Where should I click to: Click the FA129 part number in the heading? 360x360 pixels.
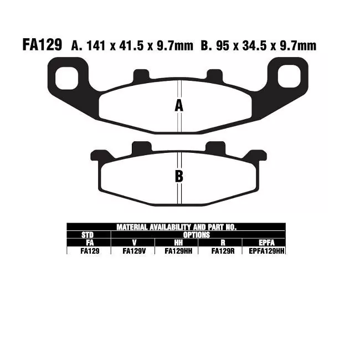[42, 45]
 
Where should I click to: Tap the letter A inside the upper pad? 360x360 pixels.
[179, 106]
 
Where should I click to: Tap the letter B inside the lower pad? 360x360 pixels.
[179, 177]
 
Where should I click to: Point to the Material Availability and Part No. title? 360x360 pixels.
[176, 227]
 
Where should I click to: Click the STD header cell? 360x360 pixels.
[88, 235]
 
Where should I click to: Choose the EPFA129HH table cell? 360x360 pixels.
[264, 251]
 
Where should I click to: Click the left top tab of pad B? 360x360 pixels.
[141, 148]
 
